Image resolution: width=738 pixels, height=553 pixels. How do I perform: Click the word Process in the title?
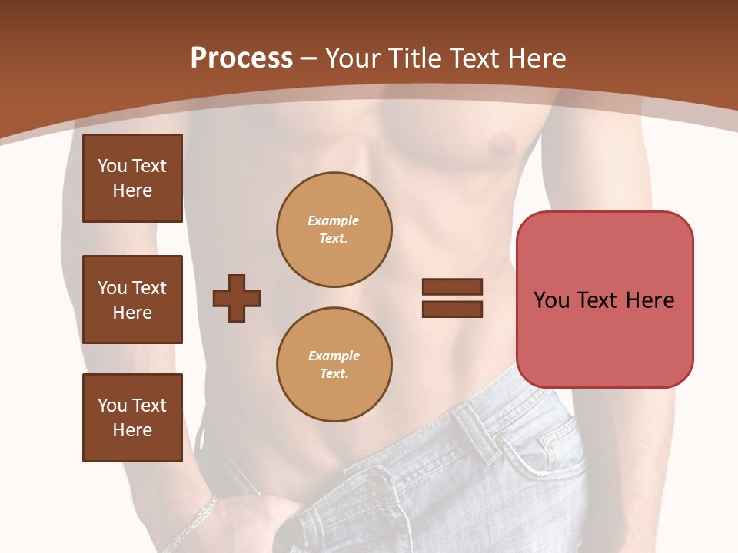[x=241, y=58]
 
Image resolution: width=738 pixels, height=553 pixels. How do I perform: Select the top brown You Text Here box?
[x=132, y=178]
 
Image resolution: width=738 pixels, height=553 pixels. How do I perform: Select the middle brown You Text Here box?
[x=132, y=300]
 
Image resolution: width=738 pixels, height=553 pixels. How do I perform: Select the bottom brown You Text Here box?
[x=132, y=418]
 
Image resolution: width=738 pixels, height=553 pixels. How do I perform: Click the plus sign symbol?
[x=236, y=298]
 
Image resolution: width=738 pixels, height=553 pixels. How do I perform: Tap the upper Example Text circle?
[x=334, y=230]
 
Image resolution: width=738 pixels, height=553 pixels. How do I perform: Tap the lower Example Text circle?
[x=334, y=365]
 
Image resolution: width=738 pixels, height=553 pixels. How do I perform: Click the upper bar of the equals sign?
[x=452, y=286]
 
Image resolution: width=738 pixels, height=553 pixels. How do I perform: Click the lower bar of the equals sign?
[x=452, y=310]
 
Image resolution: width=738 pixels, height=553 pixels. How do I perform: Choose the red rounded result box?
[x=604, y=300]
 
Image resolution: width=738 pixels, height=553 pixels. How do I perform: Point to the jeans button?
[x=376, y=482]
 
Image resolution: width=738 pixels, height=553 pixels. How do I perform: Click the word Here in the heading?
[x=538, y=58]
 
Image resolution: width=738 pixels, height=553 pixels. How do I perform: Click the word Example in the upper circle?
[x=334, y=220]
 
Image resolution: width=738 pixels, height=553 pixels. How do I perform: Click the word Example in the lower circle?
[x=334, y=356]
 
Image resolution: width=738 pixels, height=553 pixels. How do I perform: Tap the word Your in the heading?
[x=352, y=58]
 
